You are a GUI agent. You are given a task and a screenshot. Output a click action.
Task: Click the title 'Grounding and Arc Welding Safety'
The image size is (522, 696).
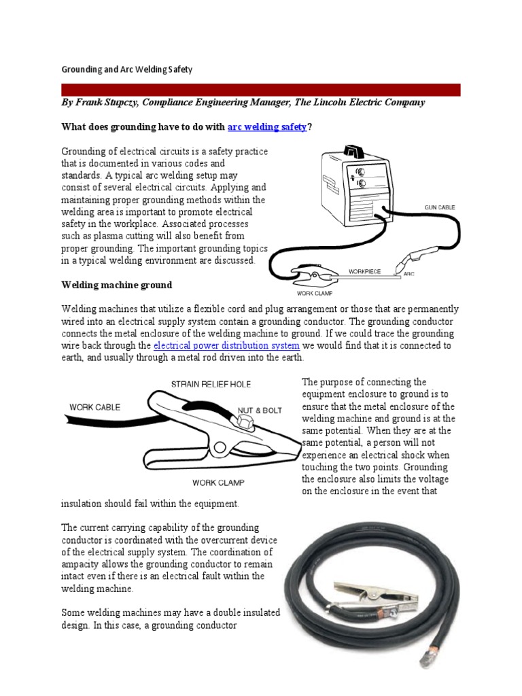(x=127, y=69)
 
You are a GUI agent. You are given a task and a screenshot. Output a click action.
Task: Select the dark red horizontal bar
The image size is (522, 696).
(x=260, y=90)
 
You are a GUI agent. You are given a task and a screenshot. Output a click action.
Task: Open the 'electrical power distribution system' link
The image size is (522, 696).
(x=226, y=345)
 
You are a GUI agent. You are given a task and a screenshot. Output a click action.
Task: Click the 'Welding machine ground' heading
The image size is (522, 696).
(x=117, y=284)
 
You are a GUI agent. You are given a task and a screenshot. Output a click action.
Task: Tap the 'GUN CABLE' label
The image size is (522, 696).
(x=439, y=206)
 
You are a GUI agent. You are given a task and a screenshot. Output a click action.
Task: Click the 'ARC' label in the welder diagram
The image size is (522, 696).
(x=409, y=274)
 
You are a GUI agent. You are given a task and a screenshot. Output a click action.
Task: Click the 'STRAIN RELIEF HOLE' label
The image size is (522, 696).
(x=211, y=384)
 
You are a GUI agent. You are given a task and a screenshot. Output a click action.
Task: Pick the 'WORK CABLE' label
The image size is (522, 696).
(x=94, y=407)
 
